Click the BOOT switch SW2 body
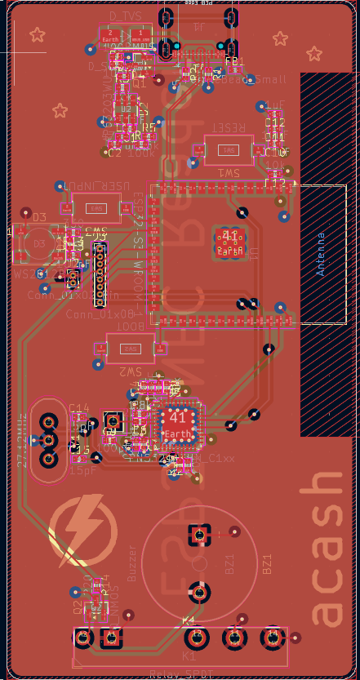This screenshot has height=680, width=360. coord(129,349)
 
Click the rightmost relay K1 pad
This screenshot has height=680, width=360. coord(272,637)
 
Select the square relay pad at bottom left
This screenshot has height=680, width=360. coord(82,637)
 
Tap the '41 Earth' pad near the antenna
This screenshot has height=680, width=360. coord(230,242)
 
